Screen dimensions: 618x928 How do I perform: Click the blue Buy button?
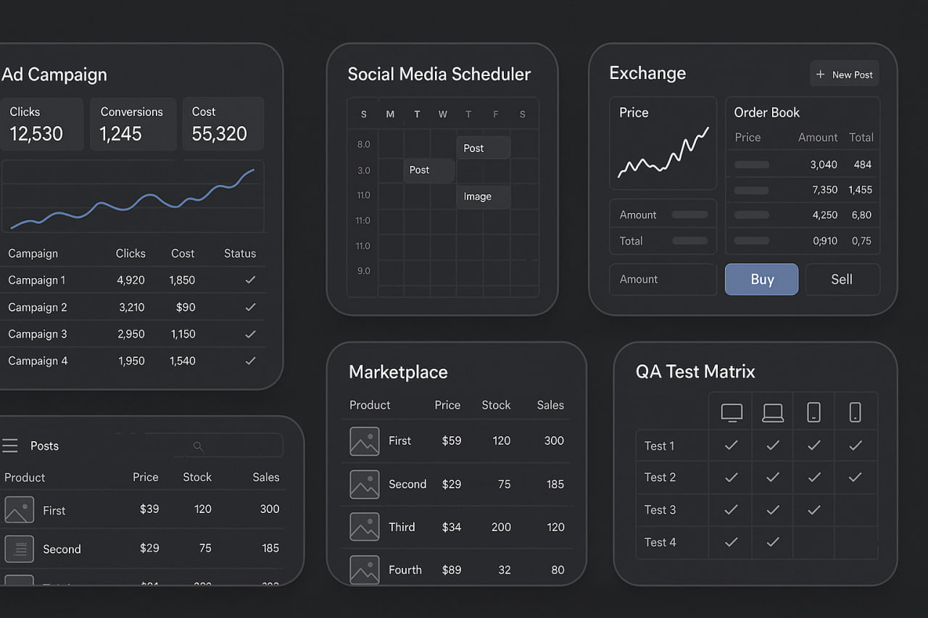click(x=761, y=280)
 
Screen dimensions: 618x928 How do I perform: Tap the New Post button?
click(x=845, y=74)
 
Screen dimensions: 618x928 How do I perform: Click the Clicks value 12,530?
click(x=36, y=134)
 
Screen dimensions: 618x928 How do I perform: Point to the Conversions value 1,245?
click(x=121, y=134)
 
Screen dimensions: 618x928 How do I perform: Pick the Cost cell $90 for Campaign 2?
click(x=186, y=307)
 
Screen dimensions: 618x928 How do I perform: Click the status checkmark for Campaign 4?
click(x=250, y=361)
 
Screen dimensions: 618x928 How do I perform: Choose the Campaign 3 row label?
click(x=38, y=334)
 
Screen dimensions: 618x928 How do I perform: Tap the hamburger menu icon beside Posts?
click(x=10, y=446)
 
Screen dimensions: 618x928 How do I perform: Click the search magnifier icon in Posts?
click(x=198, y=446)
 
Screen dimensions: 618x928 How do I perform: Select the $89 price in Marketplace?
click(x=452, y=569)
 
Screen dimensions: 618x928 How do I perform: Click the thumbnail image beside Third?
click(x=365, y=527)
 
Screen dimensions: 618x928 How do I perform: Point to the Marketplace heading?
click(x=398, y=372)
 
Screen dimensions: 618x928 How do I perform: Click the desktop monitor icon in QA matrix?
click(x=732, y=412)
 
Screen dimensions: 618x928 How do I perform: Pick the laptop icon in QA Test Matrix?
click(x=773, y=412)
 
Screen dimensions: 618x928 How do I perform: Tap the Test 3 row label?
click(x=660, y=509)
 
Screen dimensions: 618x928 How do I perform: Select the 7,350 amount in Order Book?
click(x=824, y=190)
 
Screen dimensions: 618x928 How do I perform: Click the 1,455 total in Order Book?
click(x=860, y=190)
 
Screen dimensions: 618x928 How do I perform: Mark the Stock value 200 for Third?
click(x=501, y=527)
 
